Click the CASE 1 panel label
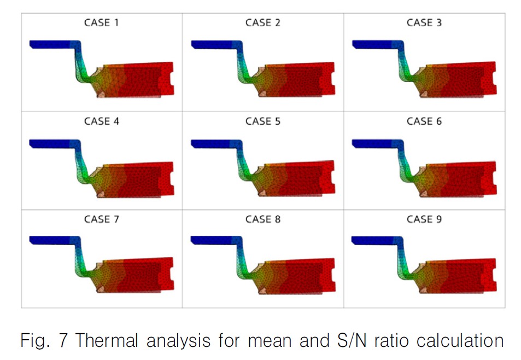(x=102, y=23)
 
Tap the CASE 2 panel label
(x=263, y=23)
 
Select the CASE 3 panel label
(x=424, y=23)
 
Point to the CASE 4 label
(x=102, y=121)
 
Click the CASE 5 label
(x=263, y=121)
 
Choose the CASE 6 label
(x=424, y=121)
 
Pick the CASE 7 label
(x=102, y=219)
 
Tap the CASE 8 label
(x=263, y=219)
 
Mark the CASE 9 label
(x=424, y=219)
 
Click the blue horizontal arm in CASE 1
(x=52, y=44)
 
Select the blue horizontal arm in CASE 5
(x=213, y=143)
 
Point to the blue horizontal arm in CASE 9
(x=374, y=241)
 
